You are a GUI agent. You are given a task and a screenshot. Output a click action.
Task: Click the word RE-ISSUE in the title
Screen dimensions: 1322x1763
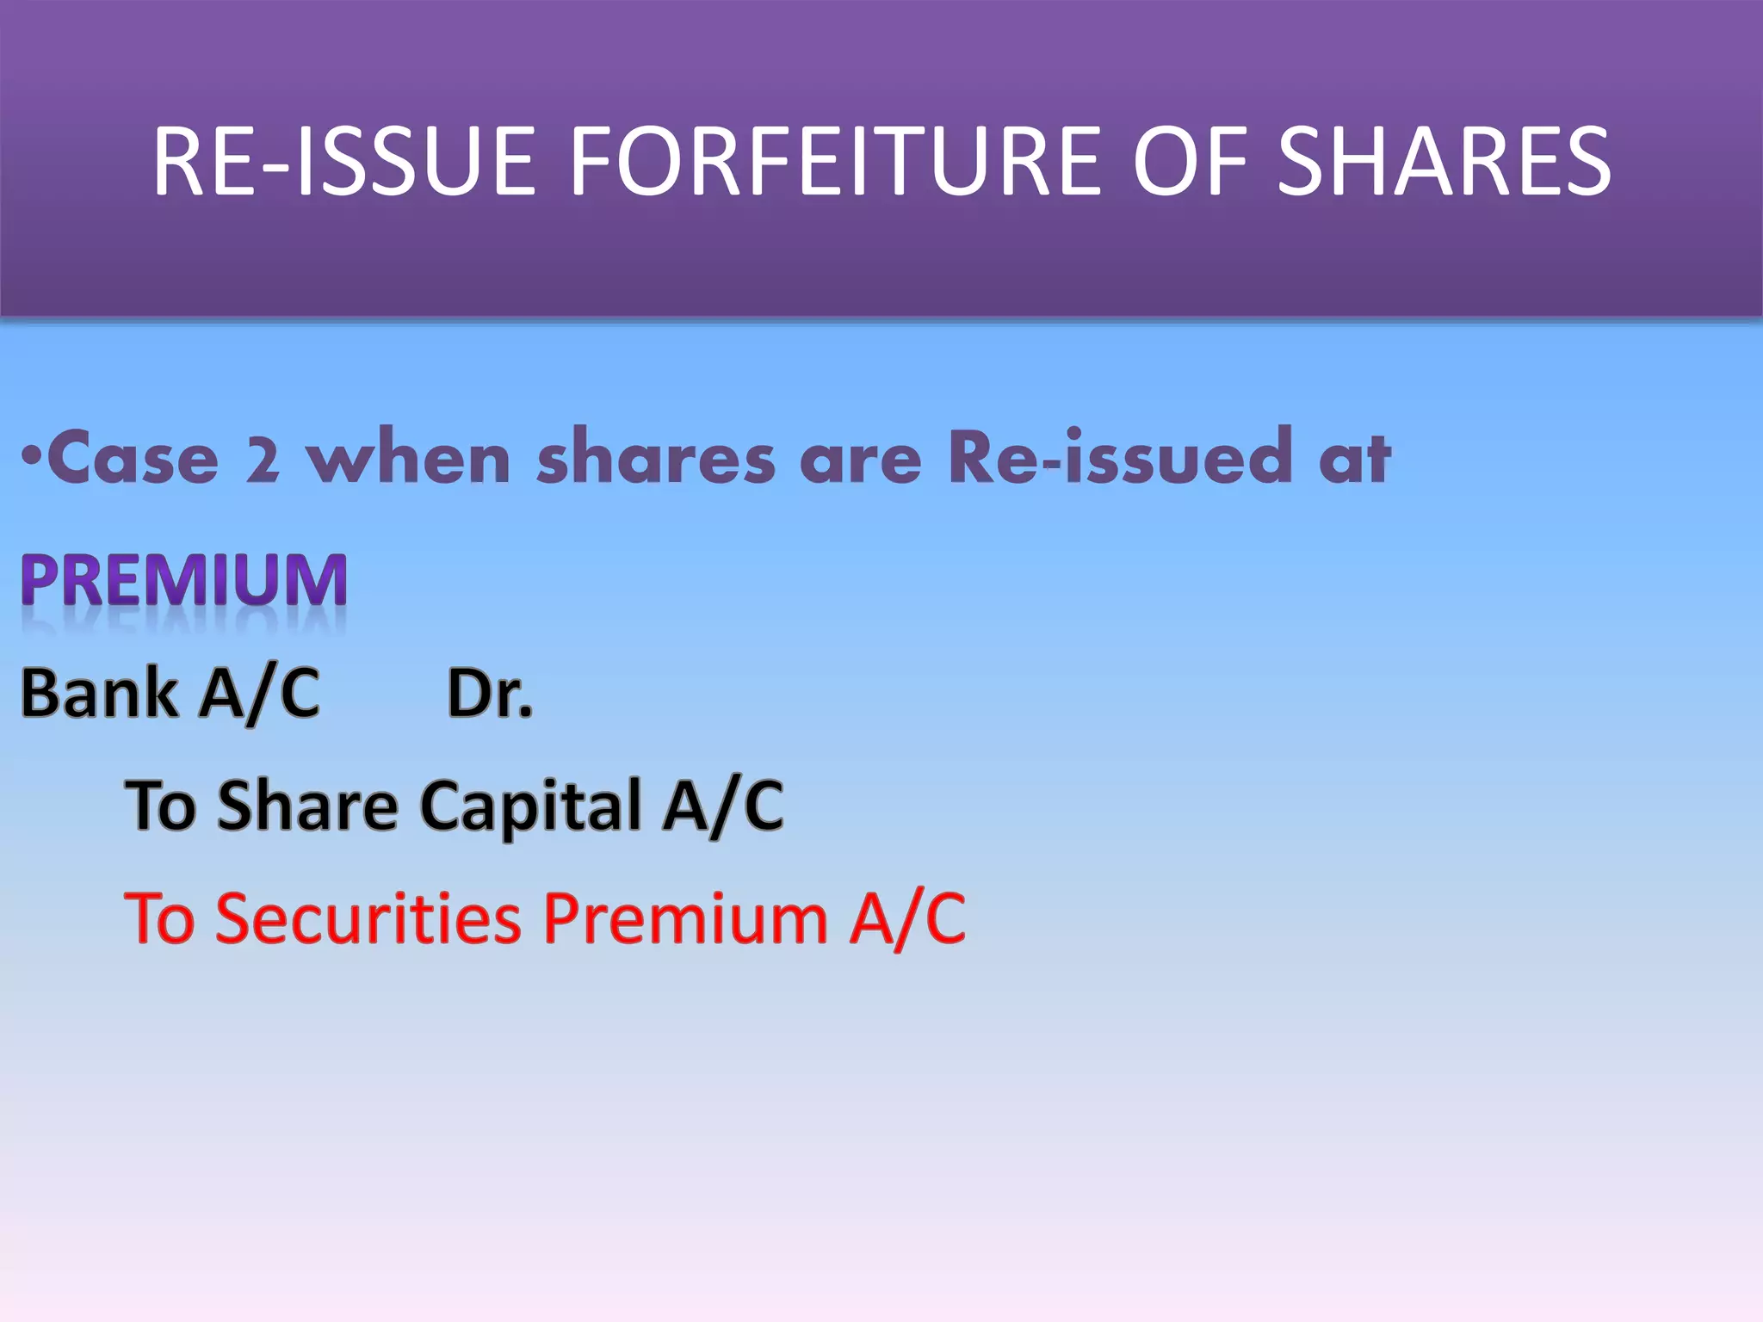(x=344, y=162)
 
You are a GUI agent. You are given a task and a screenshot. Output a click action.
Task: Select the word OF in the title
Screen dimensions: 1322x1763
(x=1191, y=162)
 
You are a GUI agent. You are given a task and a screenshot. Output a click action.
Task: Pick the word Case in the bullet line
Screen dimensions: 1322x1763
(x=133, y=458)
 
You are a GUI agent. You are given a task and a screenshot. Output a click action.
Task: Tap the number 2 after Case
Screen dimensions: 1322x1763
(x=263, y=460)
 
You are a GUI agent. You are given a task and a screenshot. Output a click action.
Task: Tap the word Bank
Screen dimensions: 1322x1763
(x=99, y=693)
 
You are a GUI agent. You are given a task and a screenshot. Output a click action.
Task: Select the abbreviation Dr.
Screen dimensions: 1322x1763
(x=490, y=694)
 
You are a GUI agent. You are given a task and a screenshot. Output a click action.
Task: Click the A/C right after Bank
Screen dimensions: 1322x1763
(x=259, y=694)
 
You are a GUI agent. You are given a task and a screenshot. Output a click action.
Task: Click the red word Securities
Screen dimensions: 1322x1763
(x=368, y=918)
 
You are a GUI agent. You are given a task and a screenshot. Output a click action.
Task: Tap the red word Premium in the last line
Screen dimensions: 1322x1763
(x=685, y=918)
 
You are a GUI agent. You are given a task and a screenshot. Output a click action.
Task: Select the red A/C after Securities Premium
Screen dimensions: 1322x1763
(x=907, y=918)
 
